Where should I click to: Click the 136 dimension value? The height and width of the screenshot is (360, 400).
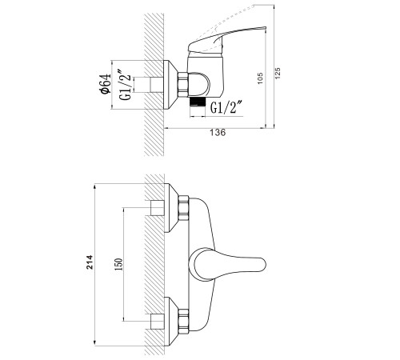[x=218, y=133]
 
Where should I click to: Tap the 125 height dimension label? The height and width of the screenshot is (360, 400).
[x=278, y=74]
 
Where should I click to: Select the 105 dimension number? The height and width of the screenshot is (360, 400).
[x=260, y=78]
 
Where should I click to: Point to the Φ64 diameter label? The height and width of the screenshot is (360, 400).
[x=105, y=84]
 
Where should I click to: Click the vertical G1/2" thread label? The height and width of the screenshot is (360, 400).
[x=125, y=85]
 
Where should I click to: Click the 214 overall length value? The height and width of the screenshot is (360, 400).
[x=90, y=262]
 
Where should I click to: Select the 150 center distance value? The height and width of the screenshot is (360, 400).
[x=118, y=264]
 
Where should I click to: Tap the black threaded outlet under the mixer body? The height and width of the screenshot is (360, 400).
[x=198, y=102]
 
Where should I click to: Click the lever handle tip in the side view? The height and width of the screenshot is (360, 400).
[x=264, y=28]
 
